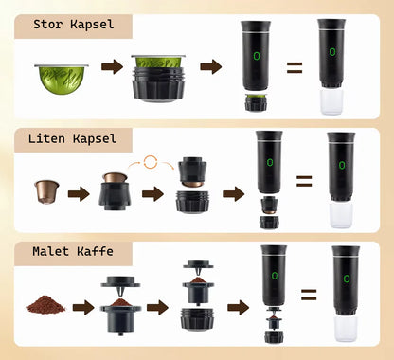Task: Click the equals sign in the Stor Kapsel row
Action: pyautogui.click(x=295, y=67)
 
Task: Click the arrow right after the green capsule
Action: pyautogui.click(x=113, y=67)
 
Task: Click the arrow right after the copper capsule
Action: pyautogui.click(x=79, y=194)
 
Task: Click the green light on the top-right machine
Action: pyautogui.click(x=332, y=51)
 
